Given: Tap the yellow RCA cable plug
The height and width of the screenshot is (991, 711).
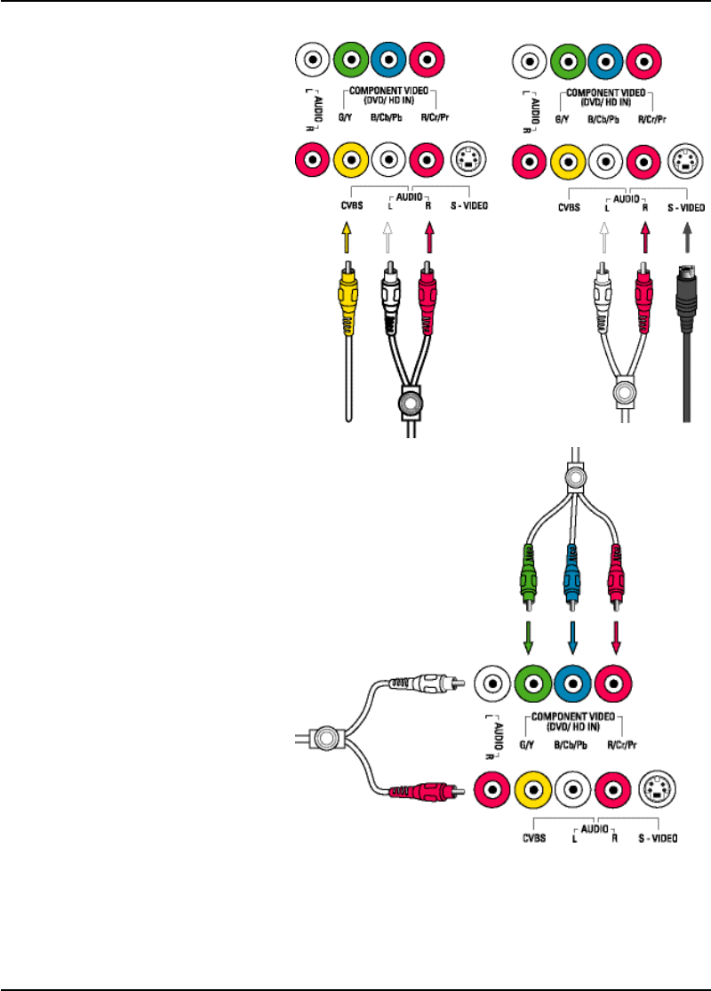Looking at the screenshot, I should click(347, 298).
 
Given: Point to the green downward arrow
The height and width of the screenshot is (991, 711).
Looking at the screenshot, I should click(529, 636).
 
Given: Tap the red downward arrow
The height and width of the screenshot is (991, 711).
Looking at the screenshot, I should click(616, 636).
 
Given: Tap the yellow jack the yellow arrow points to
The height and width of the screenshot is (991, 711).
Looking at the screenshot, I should click(353, 161).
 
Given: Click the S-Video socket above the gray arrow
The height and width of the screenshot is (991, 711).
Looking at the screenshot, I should click(685, 162).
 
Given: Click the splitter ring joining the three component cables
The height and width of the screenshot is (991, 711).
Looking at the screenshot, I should click(576, 480).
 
